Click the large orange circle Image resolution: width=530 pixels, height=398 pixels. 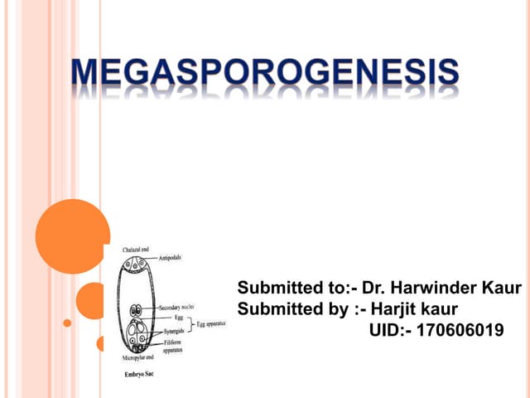click(x=73, y=236)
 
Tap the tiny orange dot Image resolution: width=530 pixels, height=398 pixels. click(x=68, y=323)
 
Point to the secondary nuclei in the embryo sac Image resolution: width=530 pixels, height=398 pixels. click(x=137, y=308)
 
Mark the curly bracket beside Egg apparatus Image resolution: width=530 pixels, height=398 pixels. click(x=189, y=324)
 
